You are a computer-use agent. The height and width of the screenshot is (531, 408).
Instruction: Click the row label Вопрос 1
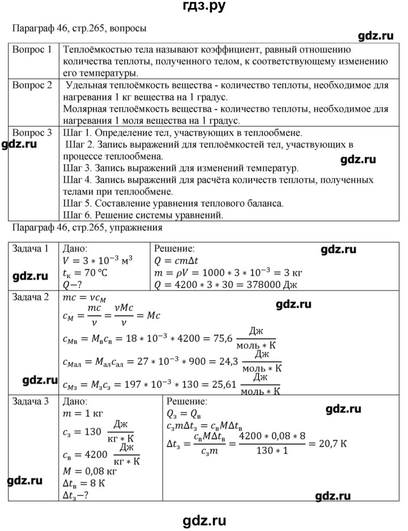[32, 49]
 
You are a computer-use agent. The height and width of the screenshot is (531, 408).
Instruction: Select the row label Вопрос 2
[32, 86]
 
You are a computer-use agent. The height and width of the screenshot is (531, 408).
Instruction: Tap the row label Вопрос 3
[32, 133]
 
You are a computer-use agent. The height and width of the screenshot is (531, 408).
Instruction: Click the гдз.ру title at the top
[203, 7]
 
